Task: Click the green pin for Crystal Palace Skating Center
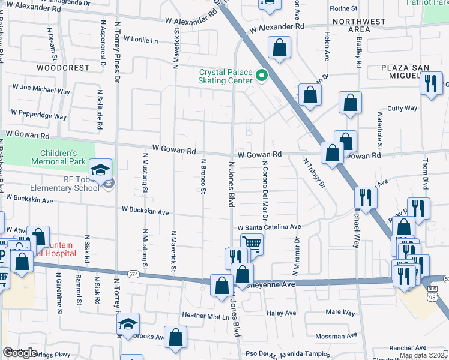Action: pyautogui.click(x=261, y=76)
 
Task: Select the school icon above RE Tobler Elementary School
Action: pyautogui.click(x=101, y=170)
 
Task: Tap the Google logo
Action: pyautogui.click(x=20, y=353)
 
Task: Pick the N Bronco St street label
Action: pyautogui.click(x=203, y=176)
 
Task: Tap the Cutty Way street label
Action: pyautogui.click(x=402, y=109)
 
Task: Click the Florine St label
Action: pyautogui.click(x=343, y=9)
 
